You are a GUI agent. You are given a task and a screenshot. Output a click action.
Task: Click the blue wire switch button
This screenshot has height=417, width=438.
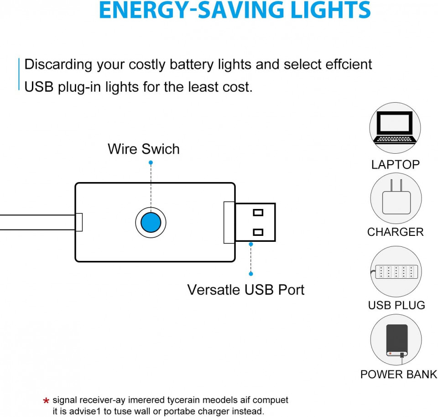[x=151, y=222]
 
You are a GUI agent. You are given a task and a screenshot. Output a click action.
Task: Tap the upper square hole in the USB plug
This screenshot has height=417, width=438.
[x=258, y=213]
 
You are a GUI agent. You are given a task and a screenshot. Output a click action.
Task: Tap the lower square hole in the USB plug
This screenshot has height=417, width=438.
[x=258, y=232]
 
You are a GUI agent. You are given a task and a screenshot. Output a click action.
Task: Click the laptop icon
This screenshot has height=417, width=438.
[x=395, y=128]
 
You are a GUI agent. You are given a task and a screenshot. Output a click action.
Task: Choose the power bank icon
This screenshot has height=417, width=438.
[x=397, y=341]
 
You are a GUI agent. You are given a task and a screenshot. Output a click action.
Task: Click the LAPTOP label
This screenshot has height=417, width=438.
[x=395, y=165]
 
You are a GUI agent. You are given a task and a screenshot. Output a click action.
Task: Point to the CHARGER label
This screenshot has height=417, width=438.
[x=395, y=232]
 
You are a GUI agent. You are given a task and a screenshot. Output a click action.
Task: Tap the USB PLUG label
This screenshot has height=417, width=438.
[x=396, y=305]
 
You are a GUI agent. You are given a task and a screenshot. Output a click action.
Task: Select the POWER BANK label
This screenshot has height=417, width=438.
[x=399, y=374]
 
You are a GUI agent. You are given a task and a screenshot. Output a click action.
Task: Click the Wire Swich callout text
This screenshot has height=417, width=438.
[x=144, y=149]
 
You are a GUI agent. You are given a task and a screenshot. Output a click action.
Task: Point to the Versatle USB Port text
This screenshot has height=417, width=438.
[x=246, y=290]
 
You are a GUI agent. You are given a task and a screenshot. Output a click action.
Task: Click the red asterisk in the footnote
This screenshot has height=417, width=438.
[x=46, y=401]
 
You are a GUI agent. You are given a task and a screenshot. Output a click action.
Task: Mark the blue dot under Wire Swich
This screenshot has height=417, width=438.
[x=151, y=162]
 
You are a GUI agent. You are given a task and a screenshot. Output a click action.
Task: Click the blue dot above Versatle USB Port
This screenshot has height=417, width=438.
[x=251, y=245]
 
